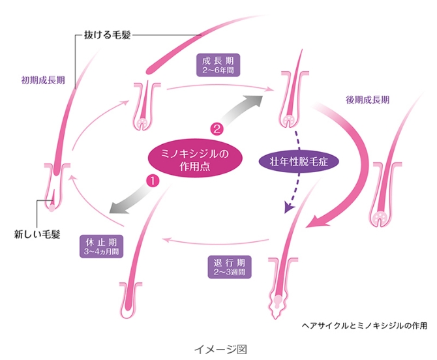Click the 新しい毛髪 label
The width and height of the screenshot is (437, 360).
coord(38,232)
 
